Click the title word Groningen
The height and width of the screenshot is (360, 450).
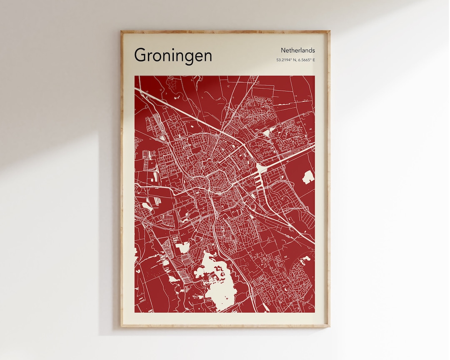coord(173,55)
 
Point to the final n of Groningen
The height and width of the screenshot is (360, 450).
coord(207,56)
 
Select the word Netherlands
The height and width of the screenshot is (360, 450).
coord(297,50)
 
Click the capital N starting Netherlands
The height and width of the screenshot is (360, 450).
coord(283,50)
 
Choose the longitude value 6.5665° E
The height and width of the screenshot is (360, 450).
coord(306,60)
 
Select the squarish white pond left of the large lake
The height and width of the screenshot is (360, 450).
coord(182,247)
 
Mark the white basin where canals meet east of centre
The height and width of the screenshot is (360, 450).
coord(262,169)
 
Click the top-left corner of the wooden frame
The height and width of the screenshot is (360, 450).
coord(122,31)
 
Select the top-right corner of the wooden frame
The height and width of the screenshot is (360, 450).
coord(329,31)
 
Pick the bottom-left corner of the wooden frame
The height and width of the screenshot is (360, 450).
coord(122,326)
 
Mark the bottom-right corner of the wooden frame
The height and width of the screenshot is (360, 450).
coord(329,326)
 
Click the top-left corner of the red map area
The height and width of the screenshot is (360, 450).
coord(135,76)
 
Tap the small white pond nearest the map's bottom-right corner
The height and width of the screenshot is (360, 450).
coord(306,259)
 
